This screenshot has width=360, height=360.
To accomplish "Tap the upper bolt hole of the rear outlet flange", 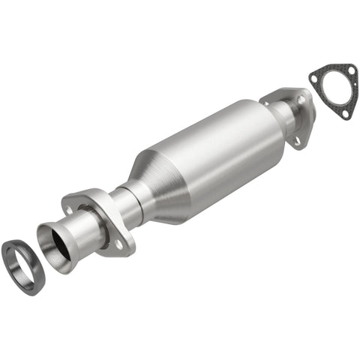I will [301, 99].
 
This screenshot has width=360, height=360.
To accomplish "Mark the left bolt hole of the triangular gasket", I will [313, 75].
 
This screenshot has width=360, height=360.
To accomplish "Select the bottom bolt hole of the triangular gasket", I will [344, 113].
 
